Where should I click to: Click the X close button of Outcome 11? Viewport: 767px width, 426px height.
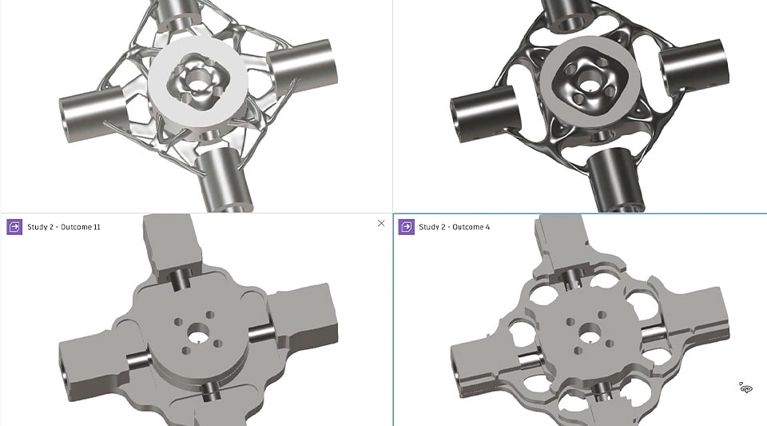pyautogui.click(x=381, y=224)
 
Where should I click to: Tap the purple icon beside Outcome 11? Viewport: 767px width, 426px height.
pyautogui.click(x=14, y=227)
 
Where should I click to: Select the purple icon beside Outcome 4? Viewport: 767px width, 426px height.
pyautogui.click(x=407, y=227)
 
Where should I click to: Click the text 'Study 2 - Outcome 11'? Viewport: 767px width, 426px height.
pyautogui.click(x=64, y=227)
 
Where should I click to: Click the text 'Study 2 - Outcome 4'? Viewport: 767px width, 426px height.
pyautogui.click(x=455, y=227)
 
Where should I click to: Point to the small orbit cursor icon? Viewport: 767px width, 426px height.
pyautogui.click(x=746, y=388)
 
